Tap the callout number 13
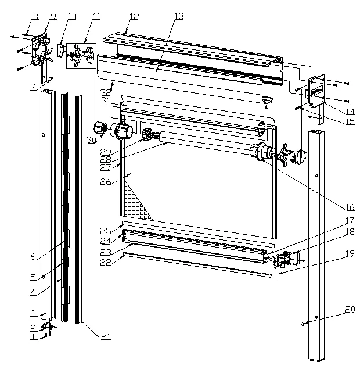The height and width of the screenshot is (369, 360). click(x=178, y=16)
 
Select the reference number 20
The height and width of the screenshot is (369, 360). click(x=349, y=309)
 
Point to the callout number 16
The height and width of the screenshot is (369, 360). click(x=350, y=207)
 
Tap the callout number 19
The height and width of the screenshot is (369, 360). click(x=349, y=253)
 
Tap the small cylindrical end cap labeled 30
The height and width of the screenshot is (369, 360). click(x=99, y=128)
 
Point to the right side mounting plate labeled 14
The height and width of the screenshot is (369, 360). click(x=316, y=91)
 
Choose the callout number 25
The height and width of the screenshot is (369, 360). click(x=105, y=231)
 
